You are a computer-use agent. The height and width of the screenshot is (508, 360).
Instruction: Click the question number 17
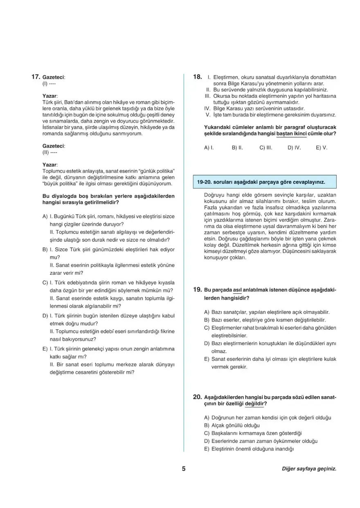click(36, 76)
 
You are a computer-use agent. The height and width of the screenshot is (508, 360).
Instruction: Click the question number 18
click(197, 76)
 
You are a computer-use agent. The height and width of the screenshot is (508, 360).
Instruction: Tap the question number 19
click(197, 290)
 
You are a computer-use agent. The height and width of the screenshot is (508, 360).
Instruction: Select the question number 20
click(197, 397)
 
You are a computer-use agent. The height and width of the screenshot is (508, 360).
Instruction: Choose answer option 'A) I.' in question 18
click(209, 148)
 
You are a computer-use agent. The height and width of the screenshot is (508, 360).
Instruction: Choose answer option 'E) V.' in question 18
click(322, 148)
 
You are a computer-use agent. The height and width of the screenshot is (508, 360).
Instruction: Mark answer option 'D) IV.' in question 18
click(294, 148)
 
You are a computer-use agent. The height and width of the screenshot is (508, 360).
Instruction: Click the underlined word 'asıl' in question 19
click(237, 290)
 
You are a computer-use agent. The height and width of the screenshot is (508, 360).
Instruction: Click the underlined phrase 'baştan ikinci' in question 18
click(292, 134)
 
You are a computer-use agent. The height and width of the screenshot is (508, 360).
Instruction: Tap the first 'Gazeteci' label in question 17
click(54, 77)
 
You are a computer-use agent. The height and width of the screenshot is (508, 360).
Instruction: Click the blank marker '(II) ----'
click(50, 152)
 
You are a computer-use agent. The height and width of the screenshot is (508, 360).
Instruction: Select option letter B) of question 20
click(207, 425)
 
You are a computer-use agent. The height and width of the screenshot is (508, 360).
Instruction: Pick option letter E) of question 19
click(207, 359)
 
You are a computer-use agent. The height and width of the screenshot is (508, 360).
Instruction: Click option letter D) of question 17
click(45, 316)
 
